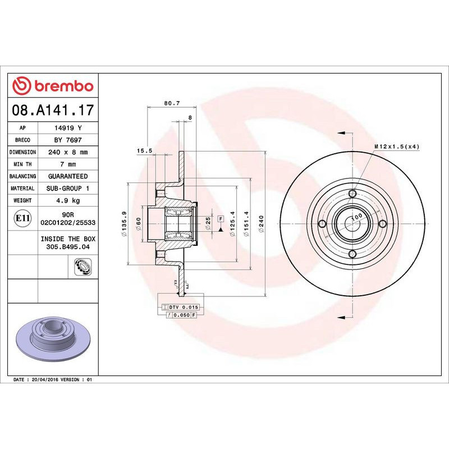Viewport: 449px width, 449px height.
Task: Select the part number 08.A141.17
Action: point(53,109)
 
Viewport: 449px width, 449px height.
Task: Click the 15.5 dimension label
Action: point(145,150)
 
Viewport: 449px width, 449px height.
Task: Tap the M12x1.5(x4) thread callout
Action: point(397,146)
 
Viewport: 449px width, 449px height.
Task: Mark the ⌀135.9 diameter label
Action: point(124,225)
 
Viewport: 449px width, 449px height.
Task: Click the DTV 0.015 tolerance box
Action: point(184,308)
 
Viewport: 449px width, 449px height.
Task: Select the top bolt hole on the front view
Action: point(352,194)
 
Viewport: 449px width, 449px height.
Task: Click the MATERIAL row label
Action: point(24,189)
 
